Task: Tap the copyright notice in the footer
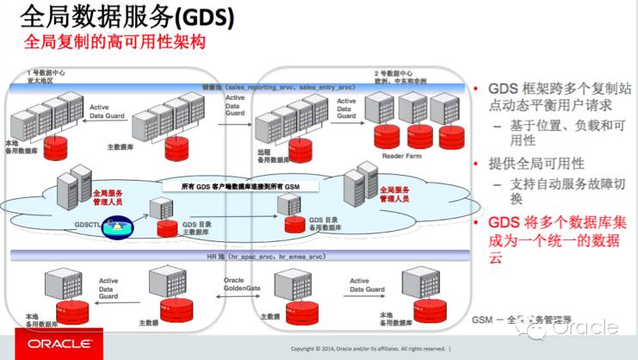pyautogui.click(x=370, y=349)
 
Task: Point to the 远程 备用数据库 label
pyautogui.click(x=274, y=155)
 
